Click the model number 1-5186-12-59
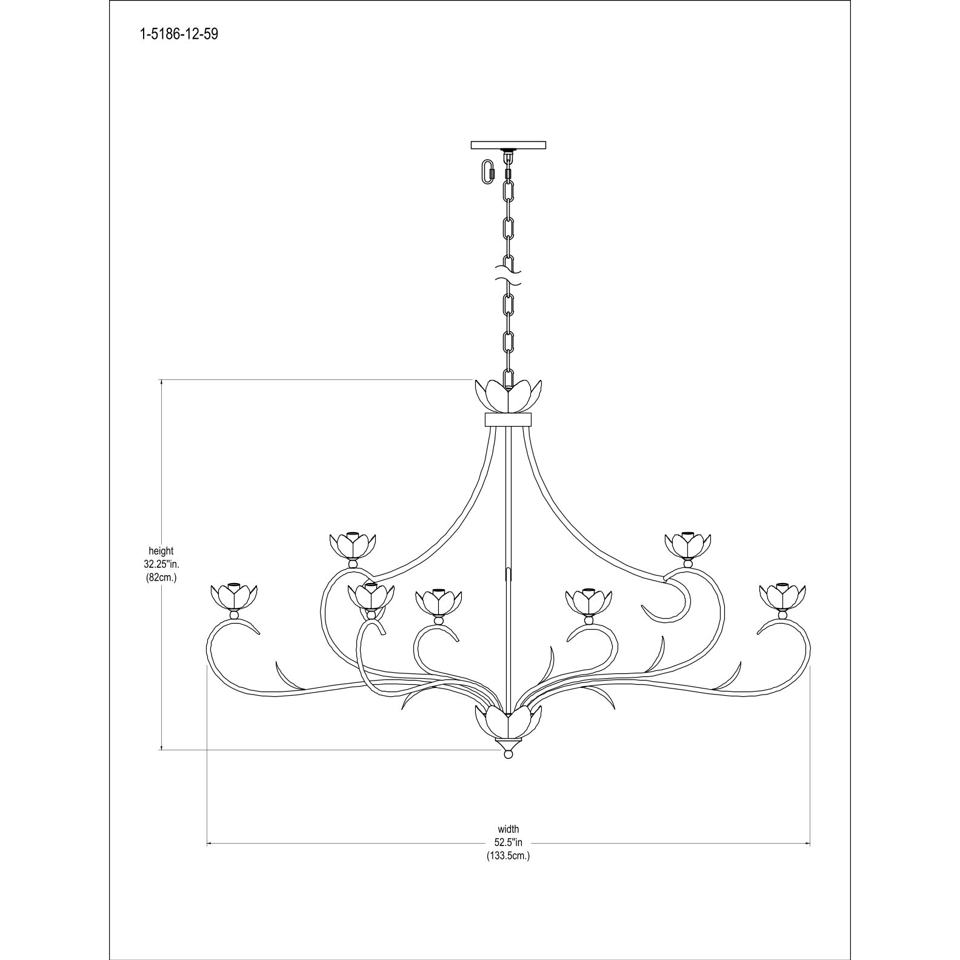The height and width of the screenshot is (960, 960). [x=179, y=34]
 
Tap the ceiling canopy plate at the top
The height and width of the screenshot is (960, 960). [x=508, y=145]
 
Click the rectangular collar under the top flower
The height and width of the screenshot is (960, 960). [x=508, y=419]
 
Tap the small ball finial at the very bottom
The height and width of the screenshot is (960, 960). [x=508, y=755]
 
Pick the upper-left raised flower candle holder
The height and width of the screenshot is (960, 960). [x=353, y=545]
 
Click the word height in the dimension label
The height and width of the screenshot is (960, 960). [x=161, y=551]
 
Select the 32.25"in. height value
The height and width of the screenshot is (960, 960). [x=161, y=564]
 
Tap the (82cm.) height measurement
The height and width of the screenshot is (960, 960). [x=161, y=578]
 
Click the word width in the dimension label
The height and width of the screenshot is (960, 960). [x=508, y=829]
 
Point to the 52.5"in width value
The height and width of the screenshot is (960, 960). [x=508, y=842]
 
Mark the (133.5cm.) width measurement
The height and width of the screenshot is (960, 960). [x=508, y=856]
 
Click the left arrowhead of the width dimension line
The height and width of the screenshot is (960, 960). [x=210, y=842]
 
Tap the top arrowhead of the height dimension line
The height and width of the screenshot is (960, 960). [x=162, y=382]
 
